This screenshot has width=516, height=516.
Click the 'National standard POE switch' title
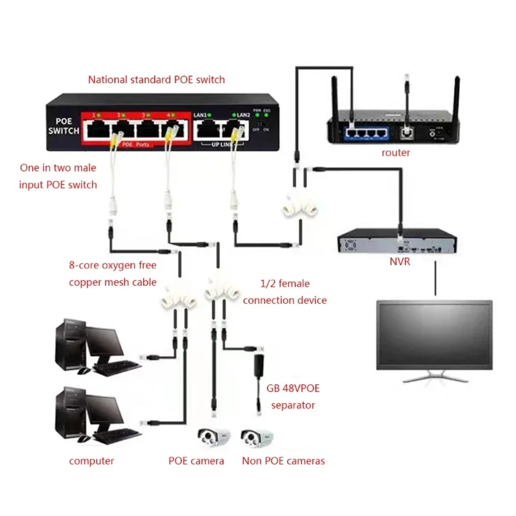157,80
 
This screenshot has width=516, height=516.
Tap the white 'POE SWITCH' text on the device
63,126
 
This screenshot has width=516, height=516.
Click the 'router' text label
396,153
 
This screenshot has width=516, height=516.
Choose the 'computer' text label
92,461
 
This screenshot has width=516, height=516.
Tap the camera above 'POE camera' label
213,441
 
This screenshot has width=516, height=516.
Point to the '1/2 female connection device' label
284,292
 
